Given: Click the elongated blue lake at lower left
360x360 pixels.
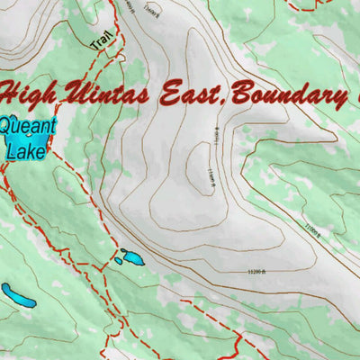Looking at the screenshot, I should tap(18, 295).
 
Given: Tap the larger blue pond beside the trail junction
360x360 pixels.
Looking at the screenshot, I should tap(132, 258).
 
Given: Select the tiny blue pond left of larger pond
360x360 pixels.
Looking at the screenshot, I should tap(119, 262).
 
